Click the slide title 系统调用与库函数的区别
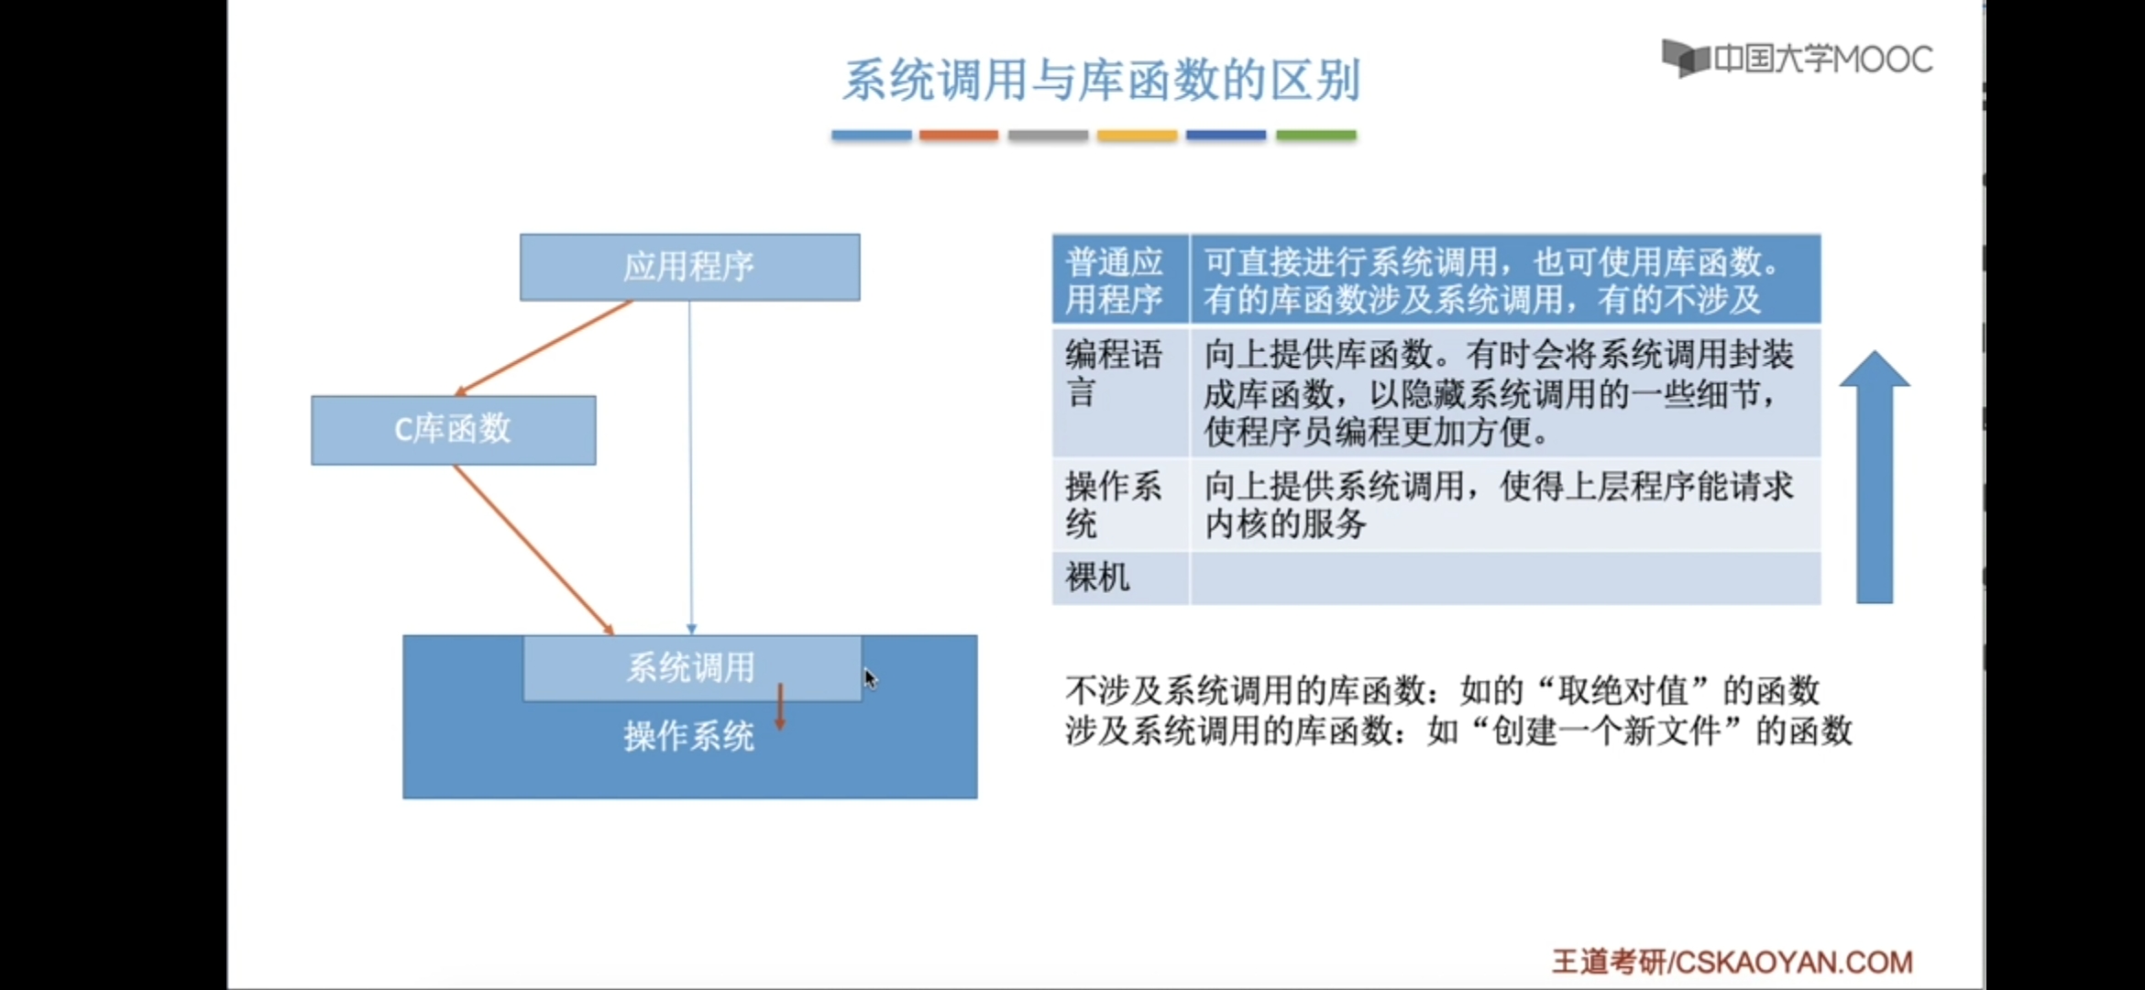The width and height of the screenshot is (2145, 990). pos(1100,81)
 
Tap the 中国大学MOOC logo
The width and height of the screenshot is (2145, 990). pos(1797,60)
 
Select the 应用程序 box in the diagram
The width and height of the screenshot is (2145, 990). pos(689,267)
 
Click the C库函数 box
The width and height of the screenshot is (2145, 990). pos(453,430)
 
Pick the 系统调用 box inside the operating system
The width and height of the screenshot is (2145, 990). pos(691,667)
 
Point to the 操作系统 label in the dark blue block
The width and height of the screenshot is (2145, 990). pos(688,736)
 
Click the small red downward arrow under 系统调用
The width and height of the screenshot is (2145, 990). pos(780,708)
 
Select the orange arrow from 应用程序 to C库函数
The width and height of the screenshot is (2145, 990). pos(544,347)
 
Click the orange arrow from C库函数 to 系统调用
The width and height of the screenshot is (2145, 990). pos(533,549)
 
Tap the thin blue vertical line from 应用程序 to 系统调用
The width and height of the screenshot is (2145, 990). pos(690,467)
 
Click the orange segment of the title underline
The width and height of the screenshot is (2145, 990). pos(959,135)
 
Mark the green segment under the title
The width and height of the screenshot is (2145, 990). pos(1315,135)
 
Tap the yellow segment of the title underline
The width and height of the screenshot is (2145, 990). pos(1137,135)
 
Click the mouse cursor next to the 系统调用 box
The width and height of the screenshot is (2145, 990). pos(870,678)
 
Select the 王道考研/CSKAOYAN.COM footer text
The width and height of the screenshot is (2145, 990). pos(1732,962)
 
